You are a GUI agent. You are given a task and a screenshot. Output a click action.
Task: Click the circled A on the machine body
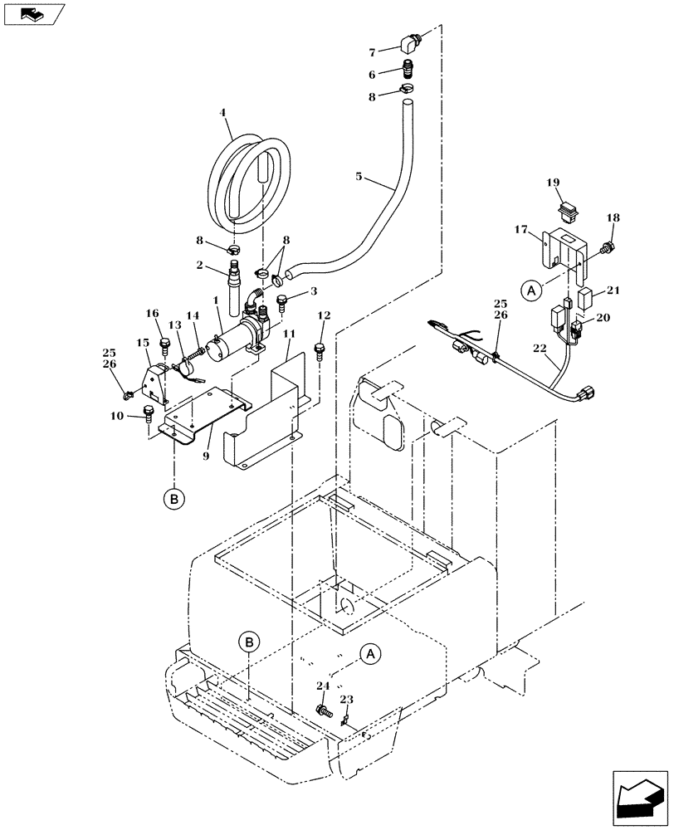371,654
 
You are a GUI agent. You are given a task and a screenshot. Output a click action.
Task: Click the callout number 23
346,700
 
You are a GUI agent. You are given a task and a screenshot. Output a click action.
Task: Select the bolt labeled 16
164,343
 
